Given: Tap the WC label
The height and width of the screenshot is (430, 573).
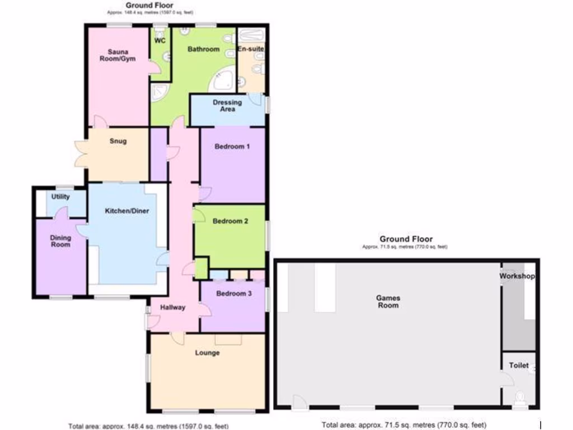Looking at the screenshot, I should click(159, 40).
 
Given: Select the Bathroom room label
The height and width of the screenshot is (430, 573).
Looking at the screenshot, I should click(203, 49).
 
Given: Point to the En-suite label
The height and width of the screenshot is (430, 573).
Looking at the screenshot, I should click(251, 49).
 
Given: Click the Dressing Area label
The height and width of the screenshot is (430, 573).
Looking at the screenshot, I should click(227, 105).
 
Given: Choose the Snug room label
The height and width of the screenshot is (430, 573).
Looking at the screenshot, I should click(118, 141).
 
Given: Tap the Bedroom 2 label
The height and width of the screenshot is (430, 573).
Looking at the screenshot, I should click(230, 221).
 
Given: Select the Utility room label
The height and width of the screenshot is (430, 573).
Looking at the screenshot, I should click(60, 197).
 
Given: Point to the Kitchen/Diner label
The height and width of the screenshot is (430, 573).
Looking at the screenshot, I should click(128, 211).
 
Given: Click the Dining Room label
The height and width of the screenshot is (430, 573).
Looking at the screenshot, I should click(60, 241).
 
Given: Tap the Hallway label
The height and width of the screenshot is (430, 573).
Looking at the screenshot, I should click(173, 307).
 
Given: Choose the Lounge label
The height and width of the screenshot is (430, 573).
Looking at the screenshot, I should click(207, 353).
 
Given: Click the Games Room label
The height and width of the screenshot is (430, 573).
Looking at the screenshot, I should click(388, 302).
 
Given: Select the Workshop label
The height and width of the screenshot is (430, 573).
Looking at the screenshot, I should click(518, 277).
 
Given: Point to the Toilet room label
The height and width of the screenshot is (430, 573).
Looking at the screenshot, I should click(519, 366).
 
